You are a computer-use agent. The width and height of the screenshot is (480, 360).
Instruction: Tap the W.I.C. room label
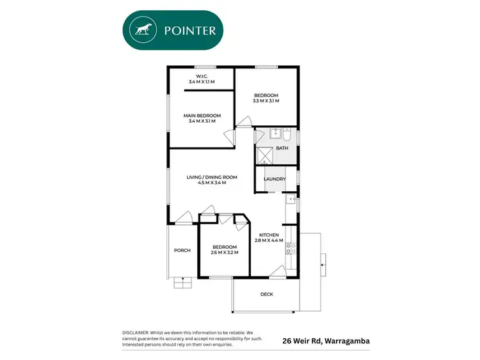click(202, 77)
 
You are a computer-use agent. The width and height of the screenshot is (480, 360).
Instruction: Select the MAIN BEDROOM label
click(202, 116)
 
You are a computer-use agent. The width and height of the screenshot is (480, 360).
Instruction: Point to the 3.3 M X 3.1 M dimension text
click(266, 101)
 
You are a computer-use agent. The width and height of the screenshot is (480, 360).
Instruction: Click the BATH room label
click(282, 148)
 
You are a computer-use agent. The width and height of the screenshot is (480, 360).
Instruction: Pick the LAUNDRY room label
click(275, 179)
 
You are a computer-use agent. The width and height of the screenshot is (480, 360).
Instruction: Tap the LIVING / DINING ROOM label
click(212, 177)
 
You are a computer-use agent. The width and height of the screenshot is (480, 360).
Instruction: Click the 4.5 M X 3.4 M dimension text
click(212, 184)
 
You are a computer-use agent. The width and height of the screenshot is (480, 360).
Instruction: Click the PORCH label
click(182, 250)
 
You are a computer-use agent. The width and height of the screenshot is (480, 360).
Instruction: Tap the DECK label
click(267, 295)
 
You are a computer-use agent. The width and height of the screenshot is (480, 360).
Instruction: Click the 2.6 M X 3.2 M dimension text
click(224, 253)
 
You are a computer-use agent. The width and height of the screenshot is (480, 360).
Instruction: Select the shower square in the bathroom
click(265, 155)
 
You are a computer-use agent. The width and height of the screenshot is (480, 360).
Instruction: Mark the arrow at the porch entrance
click(182, 279)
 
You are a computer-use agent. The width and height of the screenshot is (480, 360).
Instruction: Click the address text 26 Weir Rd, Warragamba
click(326, 341)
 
